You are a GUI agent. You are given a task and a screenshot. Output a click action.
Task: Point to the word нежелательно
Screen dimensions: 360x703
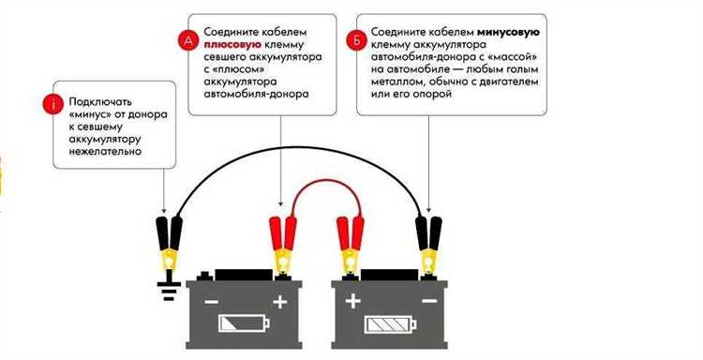[101, 149]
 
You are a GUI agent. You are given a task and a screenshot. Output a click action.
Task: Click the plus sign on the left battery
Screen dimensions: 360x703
[278, 303]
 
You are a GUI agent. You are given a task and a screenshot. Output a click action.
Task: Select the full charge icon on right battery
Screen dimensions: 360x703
[387, 324]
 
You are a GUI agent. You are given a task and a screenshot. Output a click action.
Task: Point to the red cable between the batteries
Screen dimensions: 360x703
[317, 189]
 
